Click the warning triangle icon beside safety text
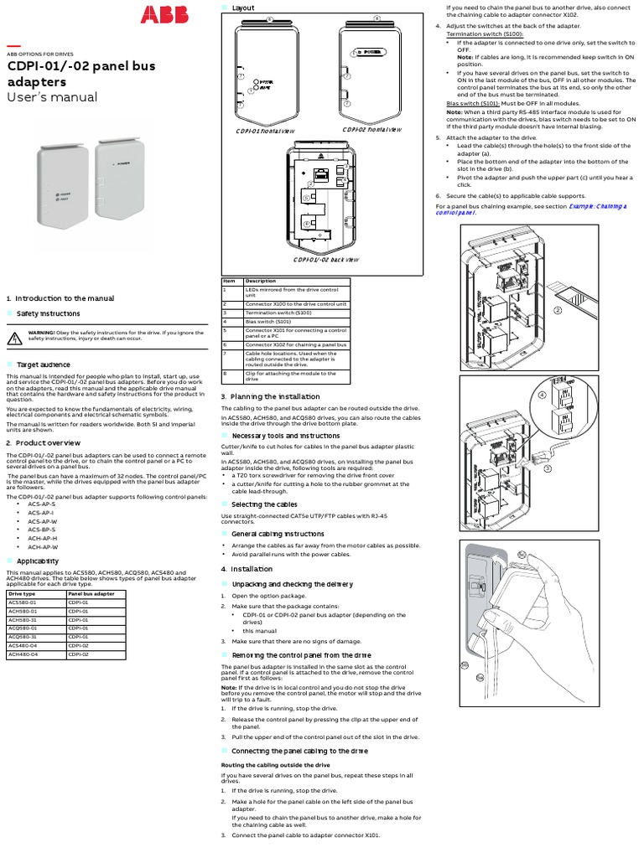click(15, 338)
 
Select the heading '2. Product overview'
click(43, 442)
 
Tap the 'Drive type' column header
click(22, 593)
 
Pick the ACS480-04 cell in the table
click(22, 645)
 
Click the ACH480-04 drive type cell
click(23, 654)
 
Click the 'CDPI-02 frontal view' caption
click(371, 130)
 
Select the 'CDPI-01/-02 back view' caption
click(326, 260)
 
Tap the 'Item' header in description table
click(229, 281)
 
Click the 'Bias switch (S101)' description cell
click(268, 320)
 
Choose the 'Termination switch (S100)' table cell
click(277, 312)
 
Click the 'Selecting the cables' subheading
click(264, 504)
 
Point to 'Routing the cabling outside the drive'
click(275, 765)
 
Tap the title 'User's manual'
click(52, 97)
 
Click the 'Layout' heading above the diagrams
click(243, 8)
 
